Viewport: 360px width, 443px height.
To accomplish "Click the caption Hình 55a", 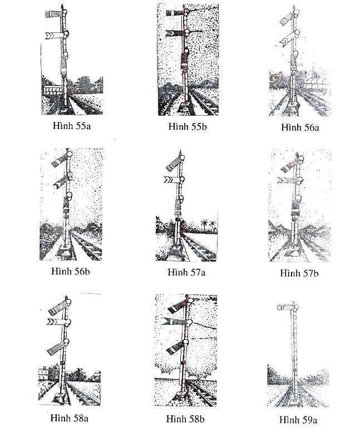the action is pos(72,126).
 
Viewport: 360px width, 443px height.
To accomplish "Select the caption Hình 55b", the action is pos(188,126).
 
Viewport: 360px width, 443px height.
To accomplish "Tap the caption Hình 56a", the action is pos(300,127).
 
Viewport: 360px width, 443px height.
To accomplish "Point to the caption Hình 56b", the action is pos(71,271).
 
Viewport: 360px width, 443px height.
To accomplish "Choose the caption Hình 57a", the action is pos(186,272).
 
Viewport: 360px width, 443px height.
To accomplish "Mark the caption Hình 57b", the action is pos(299,273).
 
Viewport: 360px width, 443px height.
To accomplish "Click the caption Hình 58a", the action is pos(70,418).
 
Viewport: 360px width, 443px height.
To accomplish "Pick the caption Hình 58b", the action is pos(185,419).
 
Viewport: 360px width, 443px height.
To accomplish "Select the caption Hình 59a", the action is pos(298,420).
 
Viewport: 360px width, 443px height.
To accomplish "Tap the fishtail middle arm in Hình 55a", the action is pos(55,35).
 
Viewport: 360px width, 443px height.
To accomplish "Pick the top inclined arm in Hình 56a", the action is pos(288,19).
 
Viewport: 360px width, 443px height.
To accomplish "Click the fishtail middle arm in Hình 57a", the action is pos(172,180).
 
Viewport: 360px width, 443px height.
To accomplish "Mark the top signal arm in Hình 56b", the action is pos(60,160).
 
